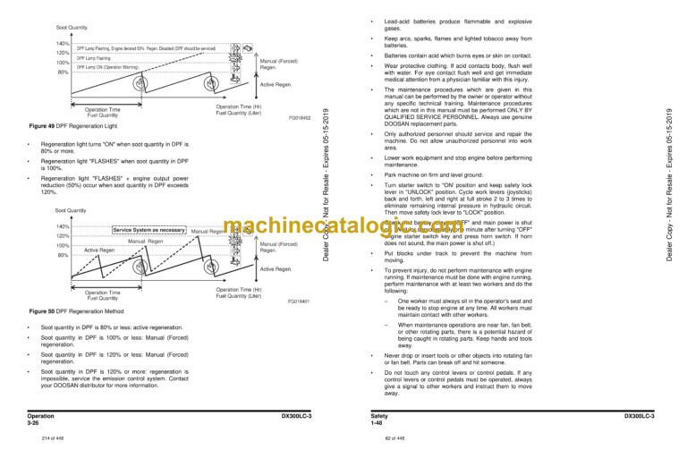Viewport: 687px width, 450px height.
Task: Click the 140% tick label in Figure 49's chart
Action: [62, 43]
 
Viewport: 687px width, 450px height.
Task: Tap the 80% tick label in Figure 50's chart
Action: [63, 255]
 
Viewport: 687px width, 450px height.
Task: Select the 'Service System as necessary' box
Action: [148, 231]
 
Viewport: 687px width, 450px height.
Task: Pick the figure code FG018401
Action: [299, 302]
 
